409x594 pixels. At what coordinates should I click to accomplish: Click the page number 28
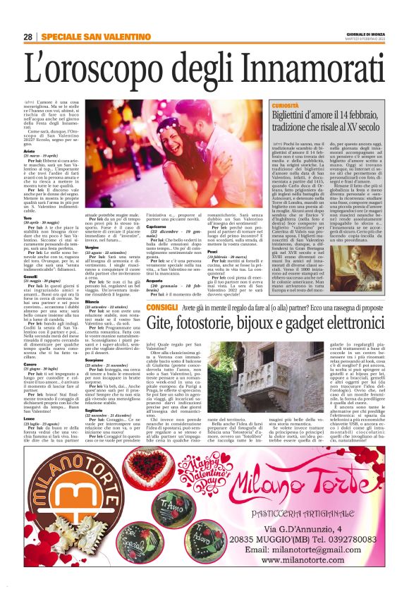[x=28, y=37]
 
